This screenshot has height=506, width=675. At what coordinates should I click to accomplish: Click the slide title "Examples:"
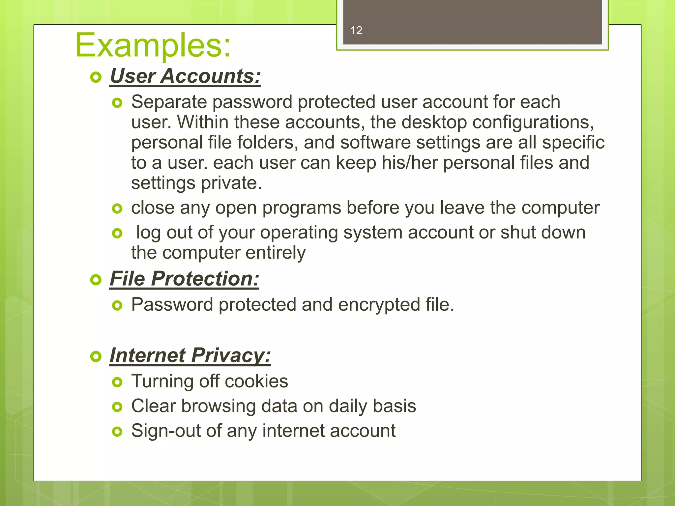coord(153,45)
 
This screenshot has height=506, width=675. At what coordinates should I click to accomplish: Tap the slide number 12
coord(356,31)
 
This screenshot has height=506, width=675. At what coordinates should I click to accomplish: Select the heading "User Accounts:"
coord(185,76)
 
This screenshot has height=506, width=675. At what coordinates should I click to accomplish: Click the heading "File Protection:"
coord(184,279)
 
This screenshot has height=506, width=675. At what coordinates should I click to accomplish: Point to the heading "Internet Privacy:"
coord(190,355)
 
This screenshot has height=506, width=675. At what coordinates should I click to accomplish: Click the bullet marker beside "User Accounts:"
coord(96,78)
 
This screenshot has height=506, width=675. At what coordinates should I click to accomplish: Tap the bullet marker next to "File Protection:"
coord(96,280)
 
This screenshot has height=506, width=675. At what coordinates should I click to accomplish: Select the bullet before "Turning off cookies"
coord(117,382)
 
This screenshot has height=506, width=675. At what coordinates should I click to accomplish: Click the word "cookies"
coord(256,381)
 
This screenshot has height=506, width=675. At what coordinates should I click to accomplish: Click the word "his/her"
coord(409,163)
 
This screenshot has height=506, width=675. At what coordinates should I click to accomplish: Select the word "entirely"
coord(275,253)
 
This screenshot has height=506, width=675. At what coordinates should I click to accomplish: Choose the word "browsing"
coord(218,406)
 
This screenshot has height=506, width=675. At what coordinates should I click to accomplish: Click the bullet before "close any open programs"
coord(117,209)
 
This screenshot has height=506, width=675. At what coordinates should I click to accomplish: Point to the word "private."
coord(231,183)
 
